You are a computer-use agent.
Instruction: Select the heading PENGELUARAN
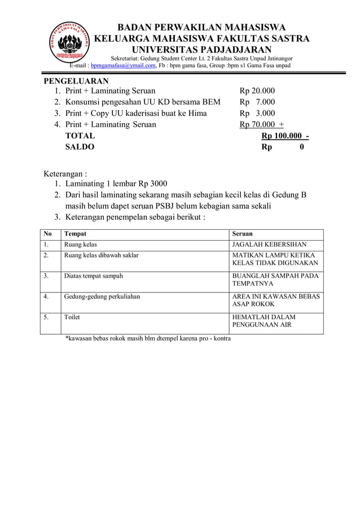pos(77,81)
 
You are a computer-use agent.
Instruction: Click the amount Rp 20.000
pos(257,91)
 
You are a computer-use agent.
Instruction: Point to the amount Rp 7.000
pos(257,102)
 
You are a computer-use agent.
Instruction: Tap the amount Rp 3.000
pos(257,113)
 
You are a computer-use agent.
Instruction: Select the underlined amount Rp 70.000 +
pos(261,124)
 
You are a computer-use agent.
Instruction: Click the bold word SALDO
pos(80,147)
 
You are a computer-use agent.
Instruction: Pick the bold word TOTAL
pos(80,136)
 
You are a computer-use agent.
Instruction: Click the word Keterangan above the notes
pos(65,173)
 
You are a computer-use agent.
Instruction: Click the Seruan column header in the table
pos(243,234)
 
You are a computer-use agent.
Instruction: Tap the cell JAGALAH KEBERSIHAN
pos(270,245)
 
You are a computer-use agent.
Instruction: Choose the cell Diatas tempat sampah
pos(94,276)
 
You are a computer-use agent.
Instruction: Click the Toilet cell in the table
pos(72,317)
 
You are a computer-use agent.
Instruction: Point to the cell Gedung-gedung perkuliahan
pos(102,297)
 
